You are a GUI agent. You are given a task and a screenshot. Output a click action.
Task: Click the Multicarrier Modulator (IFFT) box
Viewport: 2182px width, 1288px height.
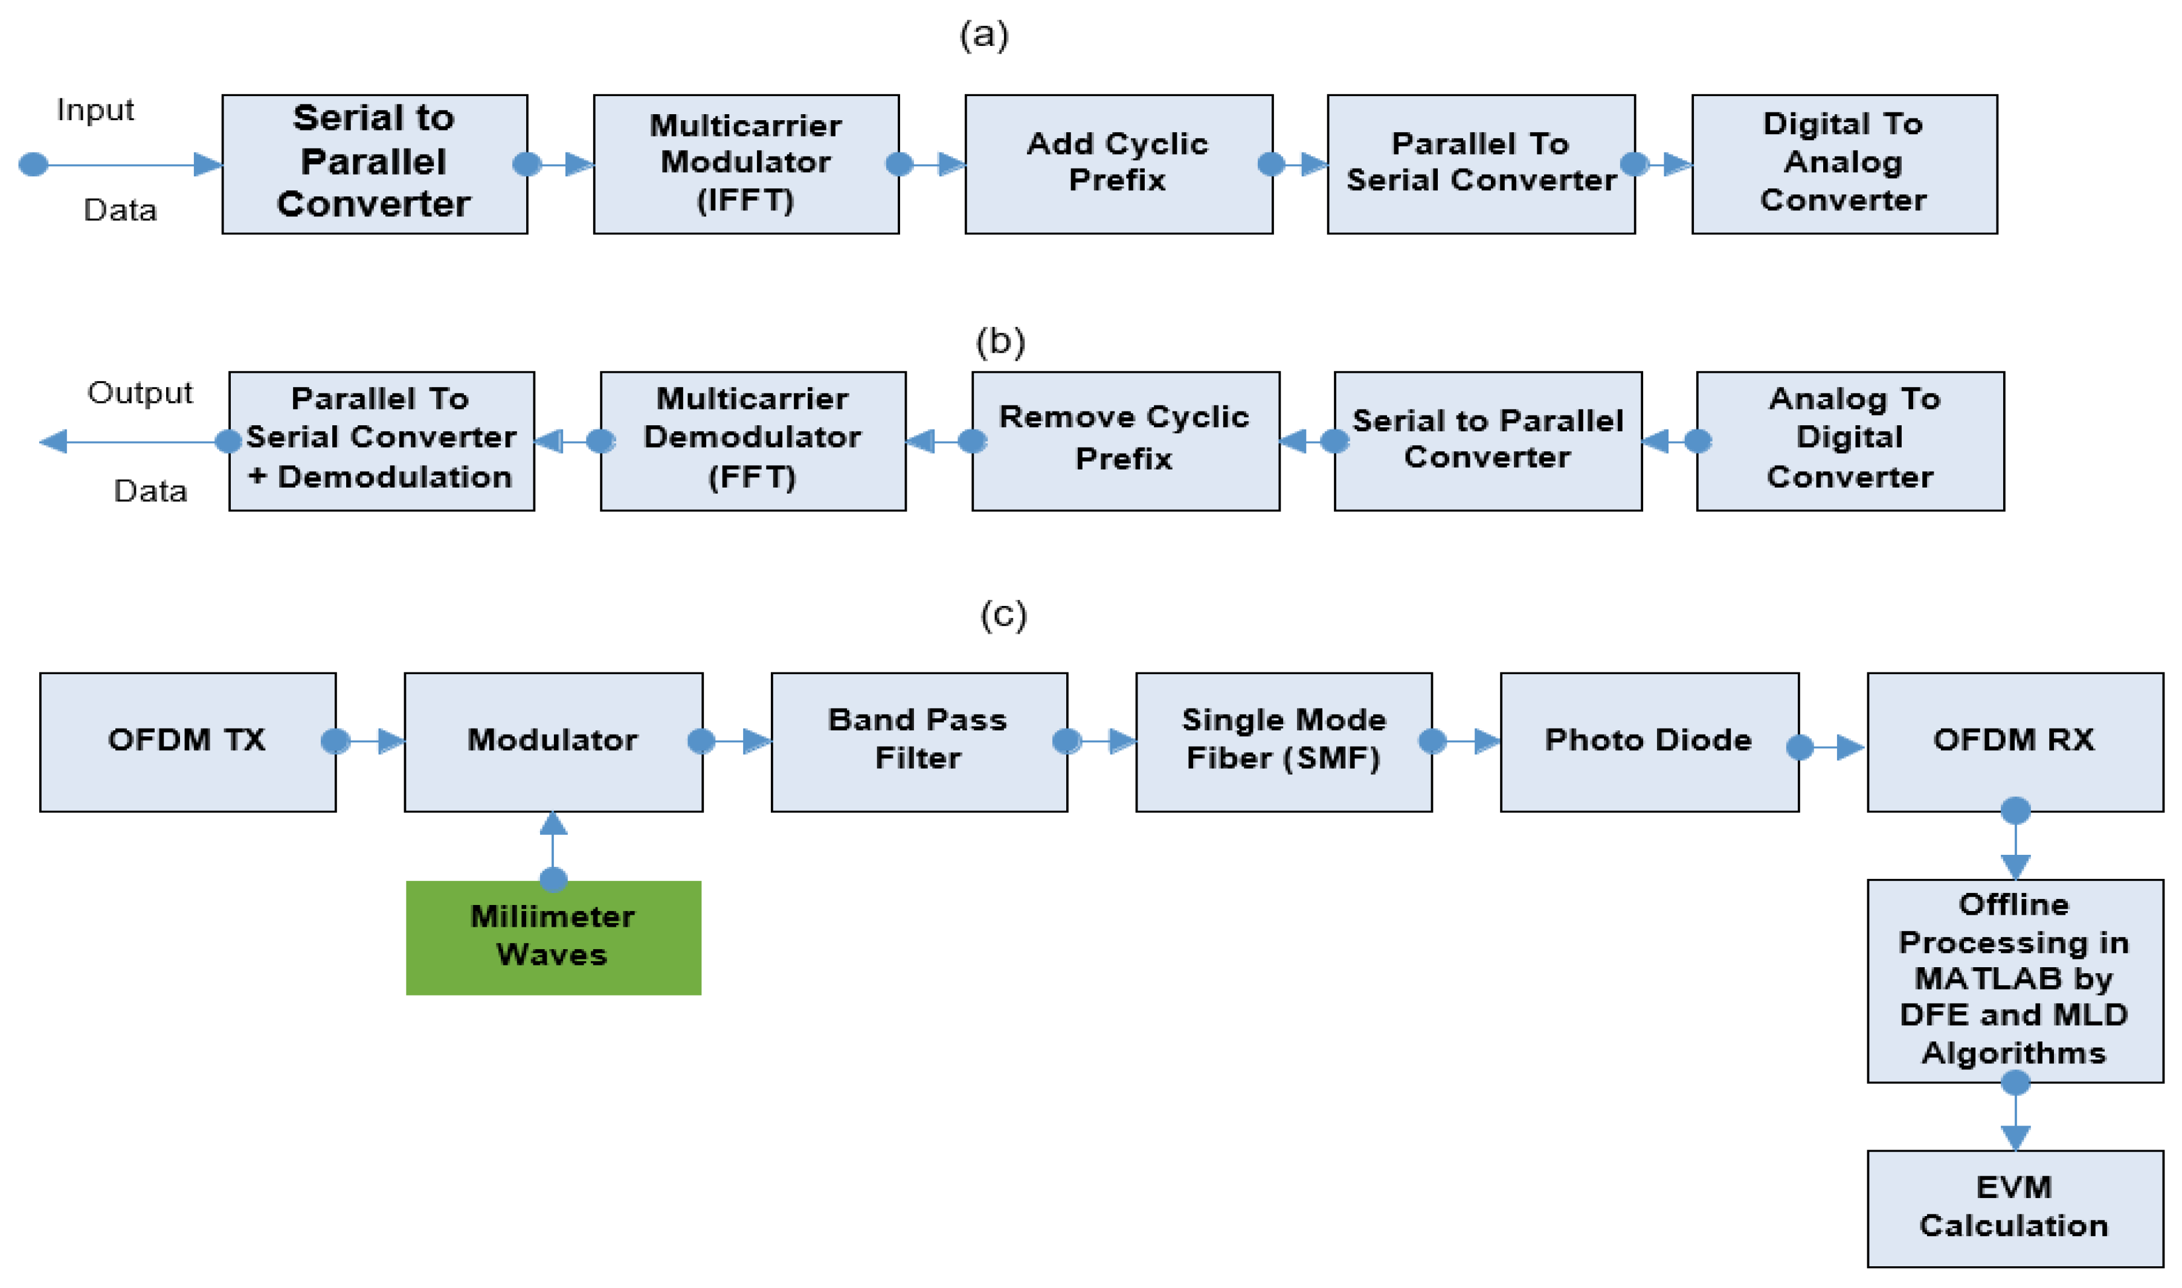(746, 164)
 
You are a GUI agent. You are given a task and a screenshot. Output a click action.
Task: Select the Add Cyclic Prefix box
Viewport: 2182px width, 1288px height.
(1118, 164)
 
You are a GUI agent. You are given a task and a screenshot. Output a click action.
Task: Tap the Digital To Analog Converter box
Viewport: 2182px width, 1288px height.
(1844, 164)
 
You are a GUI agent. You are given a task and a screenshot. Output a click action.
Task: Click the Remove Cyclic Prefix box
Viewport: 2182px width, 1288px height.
(1125, 441)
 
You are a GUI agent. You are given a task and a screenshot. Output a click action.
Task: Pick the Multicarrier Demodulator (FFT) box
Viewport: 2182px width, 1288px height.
(753, 441)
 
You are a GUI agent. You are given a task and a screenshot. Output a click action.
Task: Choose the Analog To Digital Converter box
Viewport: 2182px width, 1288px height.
(1850, 441)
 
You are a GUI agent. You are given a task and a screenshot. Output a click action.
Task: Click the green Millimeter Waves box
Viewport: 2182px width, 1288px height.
(553, 938)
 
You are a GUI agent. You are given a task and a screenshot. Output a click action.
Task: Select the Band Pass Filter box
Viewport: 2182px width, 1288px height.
(919, 742)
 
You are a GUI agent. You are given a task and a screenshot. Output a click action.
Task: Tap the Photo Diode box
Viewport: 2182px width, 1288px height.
(1649, 742)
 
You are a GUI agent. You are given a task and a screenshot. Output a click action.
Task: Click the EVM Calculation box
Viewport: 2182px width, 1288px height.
(2015, 1208)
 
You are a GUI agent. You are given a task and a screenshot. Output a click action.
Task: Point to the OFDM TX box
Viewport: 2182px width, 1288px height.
(187, 742)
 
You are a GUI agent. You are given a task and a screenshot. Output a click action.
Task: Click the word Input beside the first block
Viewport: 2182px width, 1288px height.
(95, 110)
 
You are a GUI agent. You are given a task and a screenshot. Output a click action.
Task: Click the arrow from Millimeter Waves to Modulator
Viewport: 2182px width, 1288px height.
(553, 846)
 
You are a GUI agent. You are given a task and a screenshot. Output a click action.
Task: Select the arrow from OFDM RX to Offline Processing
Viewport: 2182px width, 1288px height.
(2015, 846)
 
